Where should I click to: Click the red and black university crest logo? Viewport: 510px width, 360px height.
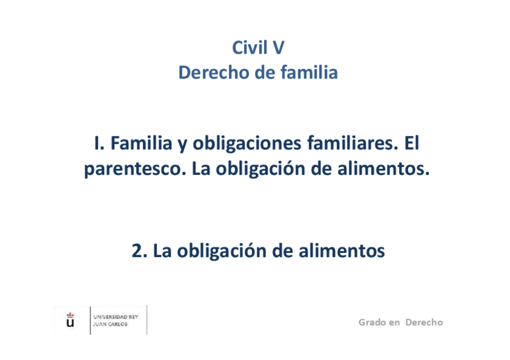point(70,319)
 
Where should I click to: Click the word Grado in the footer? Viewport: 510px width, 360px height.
point(372,322)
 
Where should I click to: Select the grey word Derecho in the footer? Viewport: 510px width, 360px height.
point(424,322)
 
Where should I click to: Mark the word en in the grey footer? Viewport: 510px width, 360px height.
point(395,323)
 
